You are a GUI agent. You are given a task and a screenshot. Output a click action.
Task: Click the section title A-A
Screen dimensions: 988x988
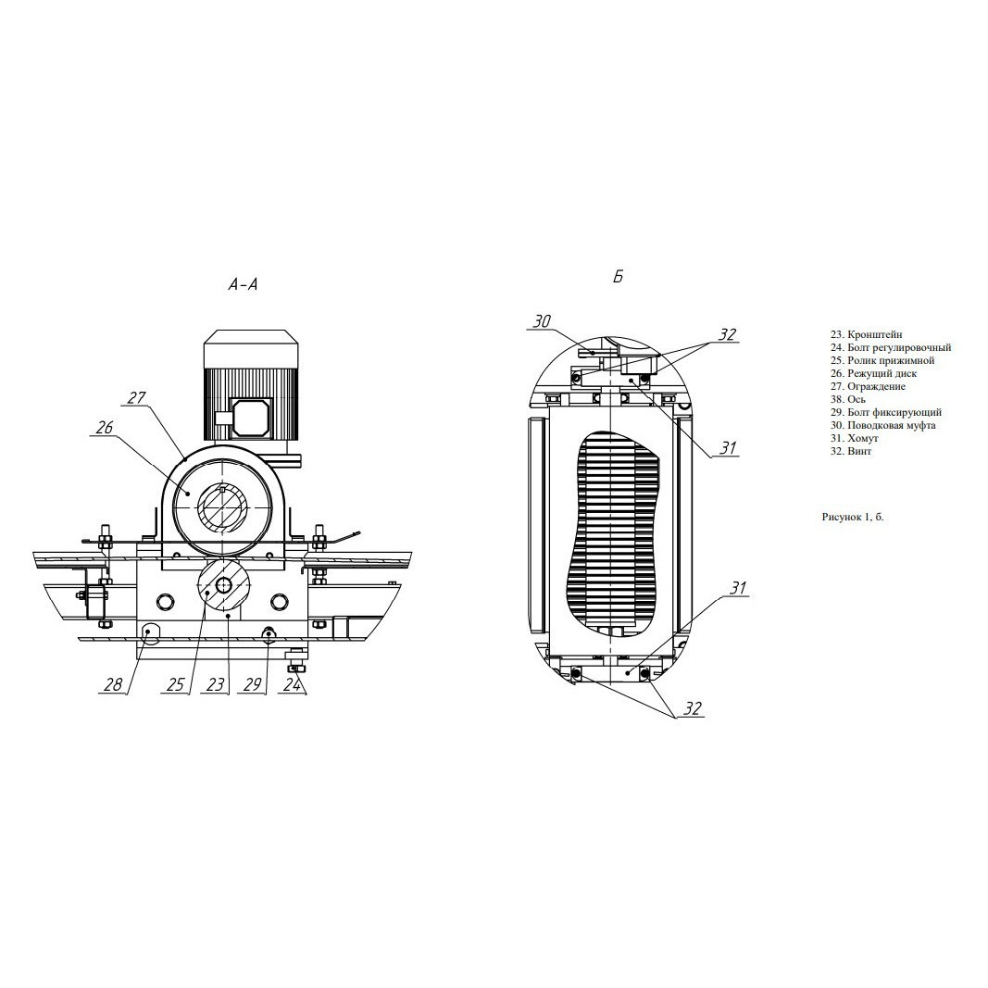coord(244,285)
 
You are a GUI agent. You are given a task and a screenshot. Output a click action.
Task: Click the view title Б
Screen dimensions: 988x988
coord(619,277)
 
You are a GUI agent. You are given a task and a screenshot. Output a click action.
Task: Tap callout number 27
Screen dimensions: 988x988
coord(136,398)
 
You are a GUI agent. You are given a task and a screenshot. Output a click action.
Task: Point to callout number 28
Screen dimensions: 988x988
coord(113,684)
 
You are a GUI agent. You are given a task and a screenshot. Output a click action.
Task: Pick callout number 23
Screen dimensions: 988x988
coord(215,684)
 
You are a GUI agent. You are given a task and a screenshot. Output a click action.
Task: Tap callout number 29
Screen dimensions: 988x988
coord(252,684)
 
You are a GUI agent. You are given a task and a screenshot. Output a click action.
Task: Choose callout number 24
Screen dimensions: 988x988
coord(292,684)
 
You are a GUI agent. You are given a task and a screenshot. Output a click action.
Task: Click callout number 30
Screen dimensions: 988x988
coord(542,321)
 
